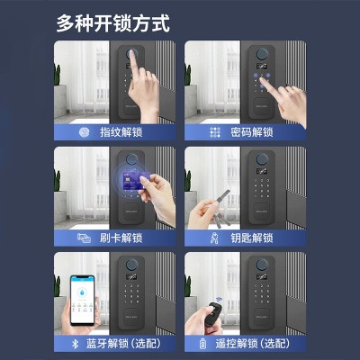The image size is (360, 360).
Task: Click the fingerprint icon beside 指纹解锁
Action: click(84, 131)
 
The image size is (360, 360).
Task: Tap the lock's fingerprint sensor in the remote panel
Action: click(260, 269)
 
